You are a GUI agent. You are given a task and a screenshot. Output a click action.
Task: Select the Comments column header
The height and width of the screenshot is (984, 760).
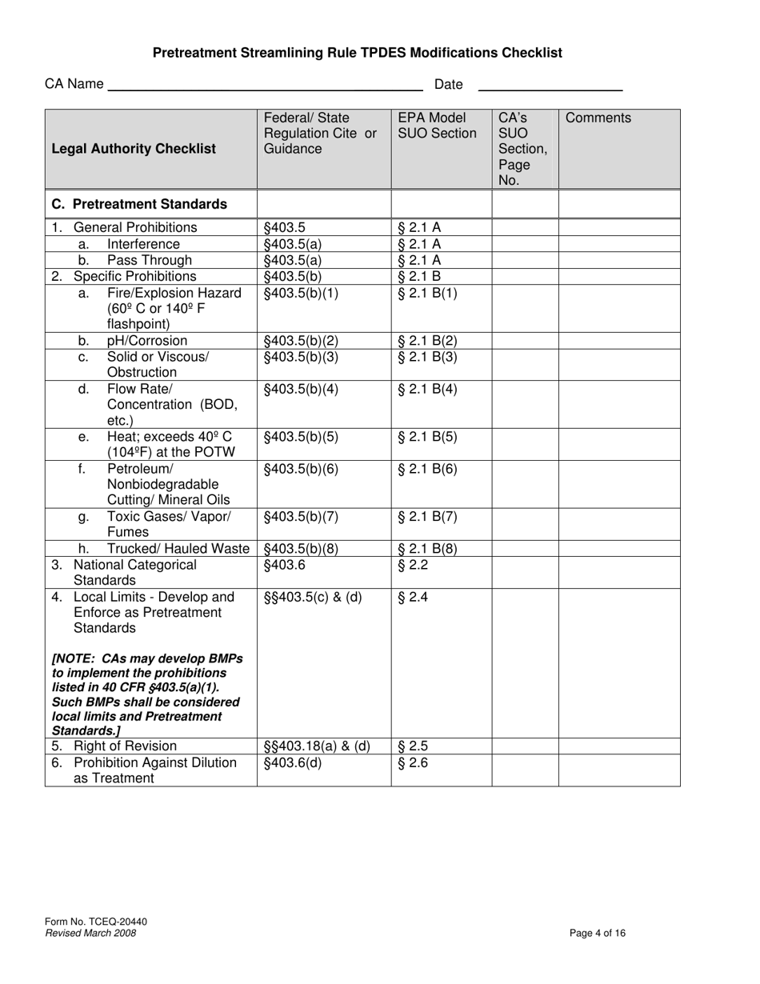[598, 118]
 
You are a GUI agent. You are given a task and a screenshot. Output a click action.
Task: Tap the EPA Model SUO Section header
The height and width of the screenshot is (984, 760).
[437, 126]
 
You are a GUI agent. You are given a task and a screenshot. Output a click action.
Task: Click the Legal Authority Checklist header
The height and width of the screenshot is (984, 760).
[134, 149]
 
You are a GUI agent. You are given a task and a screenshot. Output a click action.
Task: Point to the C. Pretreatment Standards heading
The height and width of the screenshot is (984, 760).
[139, 204]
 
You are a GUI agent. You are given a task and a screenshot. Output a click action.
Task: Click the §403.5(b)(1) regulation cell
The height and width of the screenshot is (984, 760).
[302, 293]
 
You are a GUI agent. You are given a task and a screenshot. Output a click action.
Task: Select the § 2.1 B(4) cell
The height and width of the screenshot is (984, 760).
[427, 390]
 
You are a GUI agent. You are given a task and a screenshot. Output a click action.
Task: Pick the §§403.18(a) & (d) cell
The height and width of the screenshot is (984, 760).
[317, 746]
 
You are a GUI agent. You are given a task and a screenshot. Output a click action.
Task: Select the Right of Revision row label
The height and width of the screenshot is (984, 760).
[125, 746]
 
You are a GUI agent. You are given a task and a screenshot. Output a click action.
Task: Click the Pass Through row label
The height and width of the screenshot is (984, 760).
[150, 260]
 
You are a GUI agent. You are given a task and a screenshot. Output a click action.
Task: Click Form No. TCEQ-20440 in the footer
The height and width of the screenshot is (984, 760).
[96, 922]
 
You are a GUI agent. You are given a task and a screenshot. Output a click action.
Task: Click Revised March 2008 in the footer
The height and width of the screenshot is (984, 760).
[90, 933]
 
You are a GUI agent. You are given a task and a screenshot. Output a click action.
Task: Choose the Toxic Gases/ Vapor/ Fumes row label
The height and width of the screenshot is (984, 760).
[168, 524]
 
